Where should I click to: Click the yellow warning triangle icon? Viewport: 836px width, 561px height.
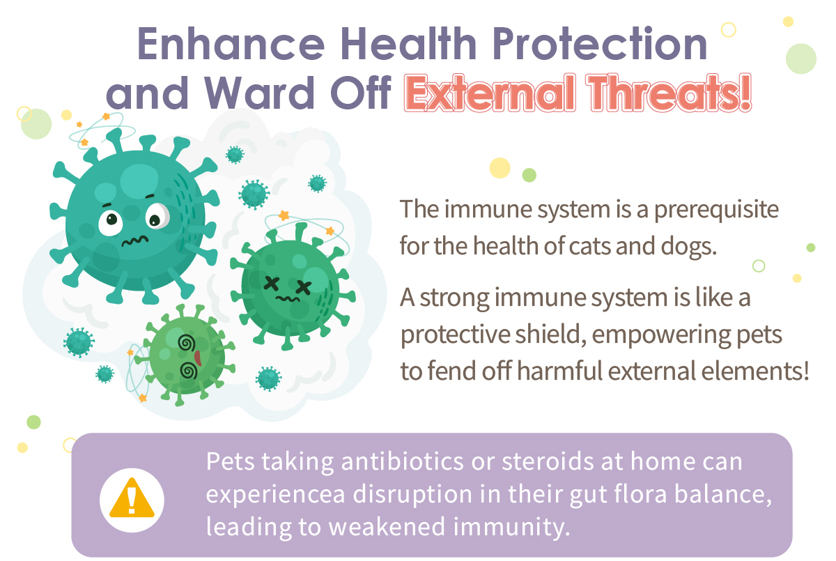pyautogui.click(x=132, y=498)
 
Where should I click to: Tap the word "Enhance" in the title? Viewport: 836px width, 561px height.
pyautogui.click(x=231, y=43)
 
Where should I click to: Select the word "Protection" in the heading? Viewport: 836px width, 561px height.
pyautogui.click(x=600, y=43)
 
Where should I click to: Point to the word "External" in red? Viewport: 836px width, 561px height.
pyautogui.click(x=490, y=93)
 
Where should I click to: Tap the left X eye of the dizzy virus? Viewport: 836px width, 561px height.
pyautogui.click(x=271, y=284)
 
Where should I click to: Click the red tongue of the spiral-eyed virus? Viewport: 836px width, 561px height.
pyautogui.click(x=198, y=358)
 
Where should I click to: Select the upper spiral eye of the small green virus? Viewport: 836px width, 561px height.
pyautogui.click(x=187, y=343)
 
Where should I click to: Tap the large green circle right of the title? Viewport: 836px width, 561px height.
pyautogui.click(x=801, y=59)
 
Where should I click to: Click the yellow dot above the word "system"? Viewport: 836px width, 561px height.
pyautogui.click(x=500, y=168)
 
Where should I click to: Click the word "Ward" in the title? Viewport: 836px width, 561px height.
pyautogui.click(x=259, y=93)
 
